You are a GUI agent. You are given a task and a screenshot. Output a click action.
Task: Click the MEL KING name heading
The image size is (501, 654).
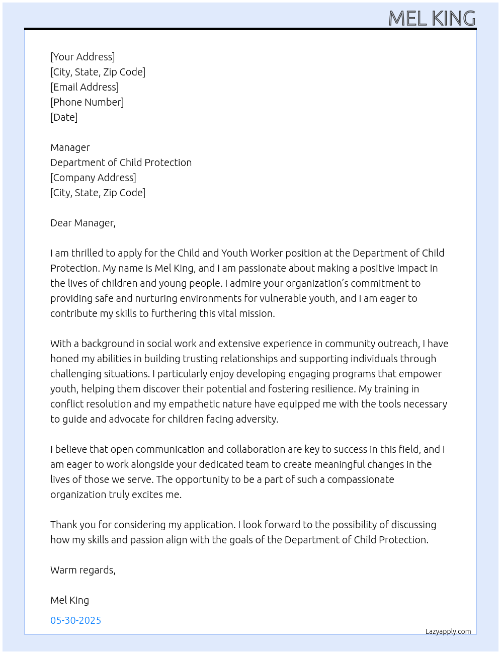click(x=432, y=19)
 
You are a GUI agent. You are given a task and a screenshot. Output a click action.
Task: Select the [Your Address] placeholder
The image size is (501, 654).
click(x=82, y=57)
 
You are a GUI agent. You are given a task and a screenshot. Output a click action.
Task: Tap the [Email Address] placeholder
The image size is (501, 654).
click(x=85, y=87)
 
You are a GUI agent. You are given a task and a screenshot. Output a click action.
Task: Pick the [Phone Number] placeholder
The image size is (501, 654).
click(x=87, y=102)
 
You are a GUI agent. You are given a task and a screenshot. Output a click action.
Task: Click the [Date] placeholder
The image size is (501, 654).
click(x=64, y=117)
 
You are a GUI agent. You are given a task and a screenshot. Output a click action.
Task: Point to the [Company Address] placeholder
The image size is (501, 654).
click(x=93, y=178)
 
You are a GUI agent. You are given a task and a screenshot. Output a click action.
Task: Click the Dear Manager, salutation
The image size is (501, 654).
click(x=83, y=223)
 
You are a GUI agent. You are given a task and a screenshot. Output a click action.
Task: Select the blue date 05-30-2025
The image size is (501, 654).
click(x=75, y=620)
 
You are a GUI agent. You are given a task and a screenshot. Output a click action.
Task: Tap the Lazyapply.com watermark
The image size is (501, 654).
click(x=448, y=631)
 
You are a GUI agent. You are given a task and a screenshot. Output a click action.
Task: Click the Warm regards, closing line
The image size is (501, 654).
click(x=83, y=570)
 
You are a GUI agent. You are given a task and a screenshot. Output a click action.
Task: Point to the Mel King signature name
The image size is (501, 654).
click(x=69, y=600)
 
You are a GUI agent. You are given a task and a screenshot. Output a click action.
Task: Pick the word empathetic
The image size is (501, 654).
click(x=197, y=404)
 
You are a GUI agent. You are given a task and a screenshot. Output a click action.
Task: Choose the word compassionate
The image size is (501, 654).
click(x=361, y=479)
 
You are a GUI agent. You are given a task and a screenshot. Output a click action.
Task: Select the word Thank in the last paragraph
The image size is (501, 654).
click(x=63, y=525)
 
